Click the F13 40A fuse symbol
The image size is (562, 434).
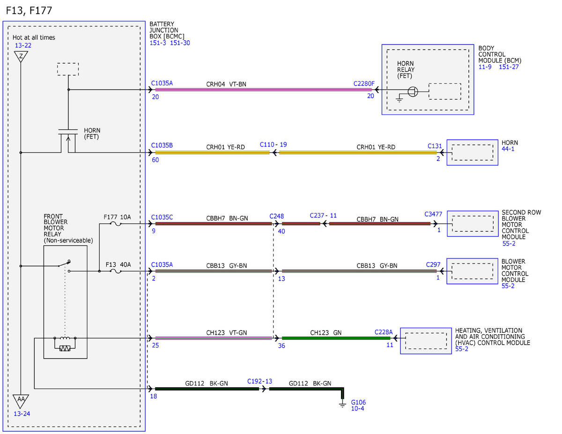pos(116,272)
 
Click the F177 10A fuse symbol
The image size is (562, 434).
pos(116,224)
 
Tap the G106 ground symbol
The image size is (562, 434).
pos(342,404)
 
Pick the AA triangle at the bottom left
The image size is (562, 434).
pos(21,401)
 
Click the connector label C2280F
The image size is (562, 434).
pos(363,84)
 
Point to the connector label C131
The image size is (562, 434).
pos(435,146)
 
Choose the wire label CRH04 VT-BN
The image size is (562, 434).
pos(226,84)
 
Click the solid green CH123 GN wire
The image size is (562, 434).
pos(336,338)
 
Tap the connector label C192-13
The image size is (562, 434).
pos(259,381)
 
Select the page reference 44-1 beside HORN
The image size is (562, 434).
pos(508,149)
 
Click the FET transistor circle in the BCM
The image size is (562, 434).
pos(413,91)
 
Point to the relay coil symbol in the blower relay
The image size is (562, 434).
pos(65,338)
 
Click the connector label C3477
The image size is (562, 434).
pos(433,214)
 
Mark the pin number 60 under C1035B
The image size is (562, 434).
pos(155,160)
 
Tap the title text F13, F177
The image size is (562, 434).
pos(29,11)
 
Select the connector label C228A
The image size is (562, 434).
pos(384,332)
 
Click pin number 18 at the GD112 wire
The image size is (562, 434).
pos(153,396)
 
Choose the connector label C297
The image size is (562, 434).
pos(433,265)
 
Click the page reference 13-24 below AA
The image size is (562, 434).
pos(22,414)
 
